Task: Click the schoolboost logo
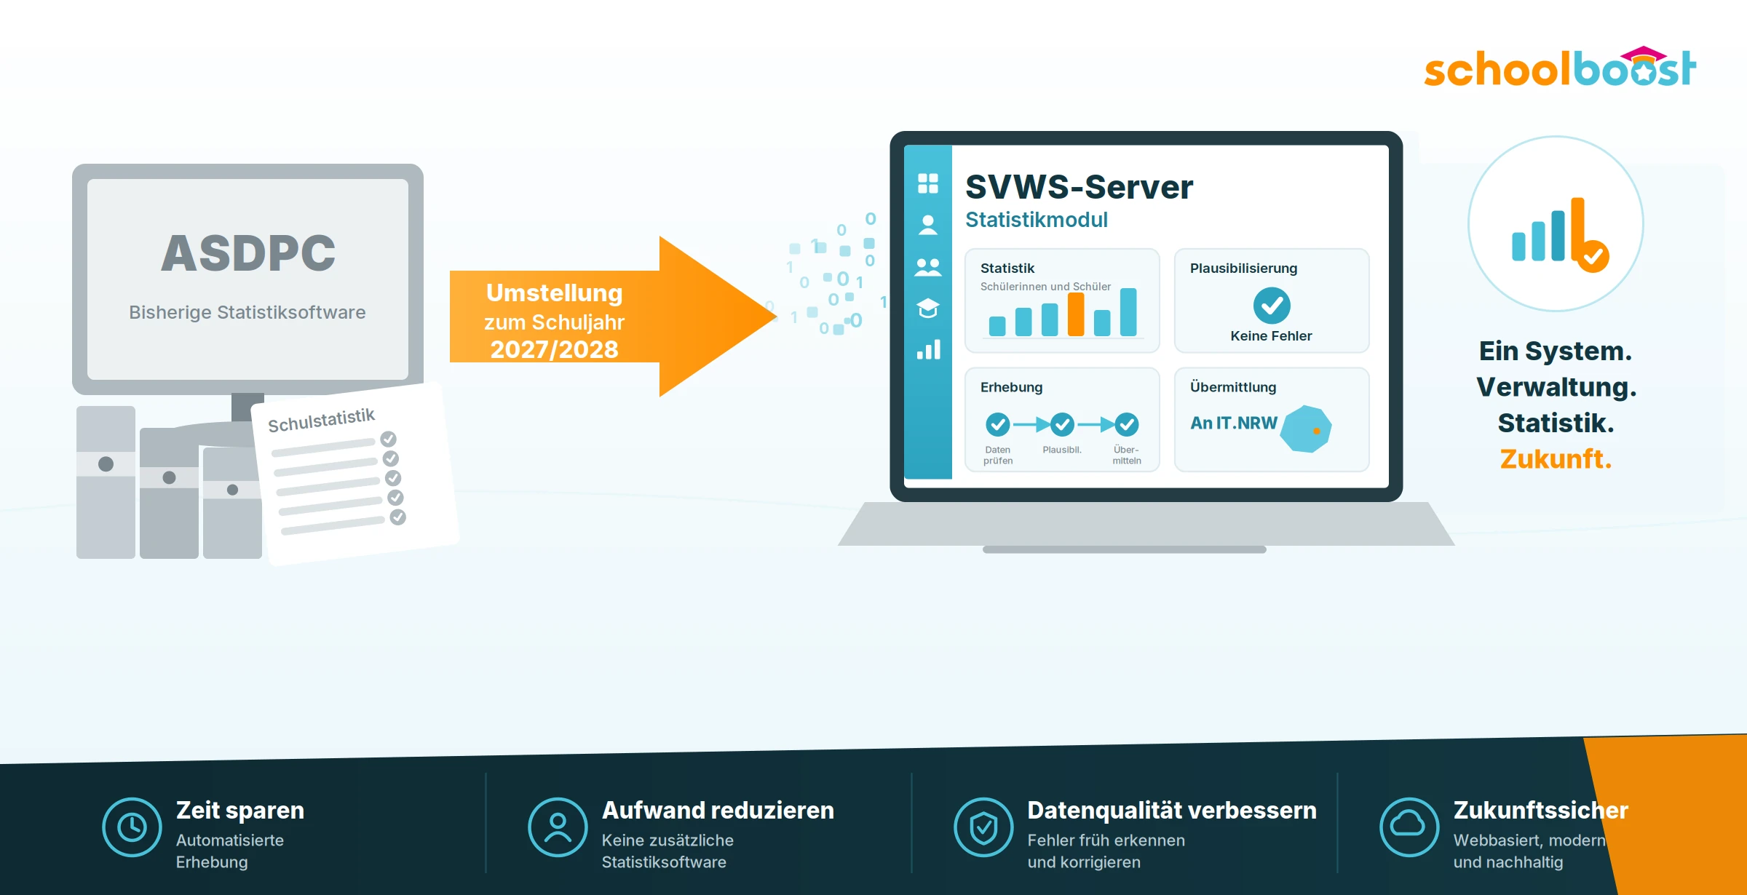1560,67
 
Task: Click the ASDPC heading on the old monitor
248,253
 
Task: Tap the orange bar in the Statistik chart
1076,314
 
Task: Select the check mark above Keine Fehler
1272,306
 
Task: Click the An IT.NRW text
1234,423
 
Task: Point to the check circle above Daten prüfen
998,423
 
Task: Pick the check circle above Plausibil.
1062,423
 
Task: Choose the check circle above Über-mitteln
1127,423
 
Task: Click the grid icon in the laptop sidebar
928,183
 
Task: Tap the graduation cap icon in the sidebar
928,308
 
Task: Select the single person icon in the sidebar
928,225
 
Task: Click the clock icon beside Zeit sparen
132,827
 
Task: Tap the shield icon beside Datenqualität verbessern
983,827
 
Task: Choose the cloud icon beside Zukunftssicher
1409,827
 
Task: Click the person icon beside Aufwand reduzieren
558,827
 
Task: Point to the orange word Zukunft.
1556,459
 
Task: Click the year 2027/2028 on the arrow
555,350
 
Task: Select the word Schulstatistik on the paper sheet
321,420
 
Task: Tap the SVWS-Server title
1079,187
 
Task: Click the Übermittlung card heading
1233,387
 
